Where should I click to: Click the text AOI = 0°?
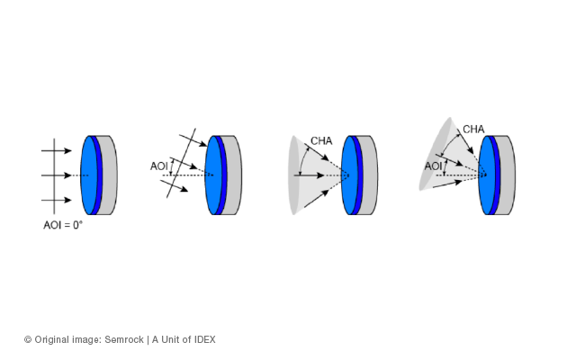pos(63,225)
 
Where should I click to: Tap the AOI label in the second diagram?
pos(159,166)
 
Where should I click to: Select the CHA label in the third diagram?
pos(321,141)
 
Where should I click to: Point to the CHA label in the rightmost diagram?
pos(473,130)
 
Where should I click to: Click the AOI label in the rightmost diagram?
pos(434,166)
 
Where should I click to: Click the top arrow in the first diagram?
pos(56,150)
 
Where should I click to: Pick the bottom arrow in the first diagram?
pos(56,200)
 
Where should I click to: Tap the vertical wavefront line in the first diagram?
pos(54,176)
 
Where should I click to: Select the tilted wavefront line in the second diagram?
pos(181,163)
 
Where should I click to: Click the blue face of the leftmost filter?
pos(89,175)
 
